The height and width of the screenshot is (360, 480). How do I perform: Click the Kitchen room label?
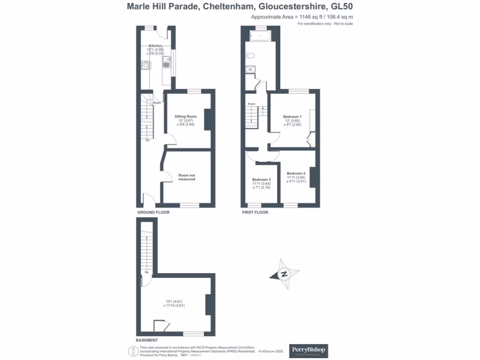pyautogui.click(x=156, y=46)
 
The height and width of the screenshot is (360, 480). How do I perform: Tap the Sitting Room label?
pyautogui.click(x=186, y=116)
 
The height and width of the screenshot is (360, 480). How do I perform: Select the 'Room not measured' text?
pyautogui.click(x=187, y=177)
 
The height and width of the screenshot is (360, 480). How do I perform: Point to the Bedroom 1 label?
pyautogui.click(x=292, y=116)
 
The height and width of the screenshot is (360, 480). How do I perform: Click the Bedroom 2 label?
pyautogui.click(x=296, y=173)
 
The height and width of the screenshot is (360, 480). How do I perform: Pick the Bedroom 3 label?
pyautogui.click(x=262, y=180)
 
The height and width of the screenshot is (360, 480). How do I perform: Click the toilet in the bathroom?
pyautogui.click(x=250, y=55)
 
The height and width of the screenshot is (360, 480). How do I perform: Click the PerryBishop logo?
pyautogui.click(x=309, y=350)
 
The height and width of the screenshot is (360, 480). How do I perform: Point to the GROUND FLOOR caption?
pyautogui.click(x=153, y=212)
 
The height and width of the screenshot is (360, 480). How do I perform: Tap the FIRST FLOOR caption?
pyautogui.click(x=255, y=212)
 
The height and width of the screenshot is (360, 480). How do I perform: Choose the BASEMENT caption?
pyautogui.click(x=147, y=340)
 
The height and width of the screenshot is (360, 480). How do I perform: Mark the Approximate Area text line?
pyautogui.click(x=302, y=17)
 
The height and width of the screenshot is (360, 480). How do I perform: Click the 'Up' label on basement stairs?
pyautogui.click(x=147, y=272)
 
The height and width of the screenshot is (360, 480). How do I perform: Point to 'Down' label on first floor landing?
pyautogui.click(x=252, y=104)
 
